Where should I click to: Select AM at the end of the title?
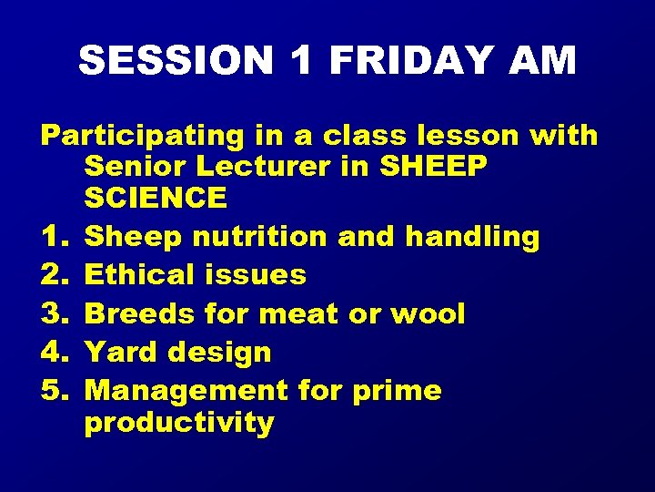543,61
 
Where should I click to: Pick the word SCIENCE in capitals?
156,197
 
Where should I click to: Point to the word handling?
472,237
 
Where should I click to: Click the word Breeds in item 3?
141,313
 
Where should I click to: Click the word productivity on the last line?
178,423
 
